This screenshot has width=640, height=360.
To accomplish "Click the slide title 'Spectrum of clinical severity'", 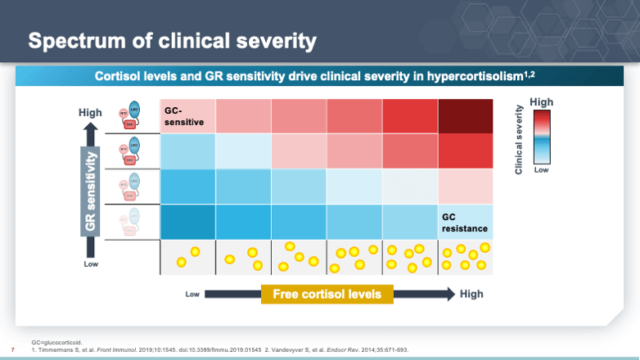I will point(173,40).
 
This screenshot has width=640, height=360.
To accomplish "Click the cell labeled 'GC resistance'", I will point(465,223).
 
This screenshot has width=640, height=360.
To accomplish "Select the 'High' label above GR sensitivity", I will point(90,112).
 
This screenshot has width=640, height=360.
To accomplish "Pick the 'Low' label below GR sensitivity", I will point(91,264).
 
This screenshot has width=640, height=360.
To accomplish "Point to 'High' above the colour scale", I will point(542,101).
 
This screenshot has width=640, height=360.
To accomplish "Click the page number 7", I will point(12,349).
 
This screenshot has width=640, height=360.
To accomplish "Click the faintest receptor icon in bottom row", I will point(131,222).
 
